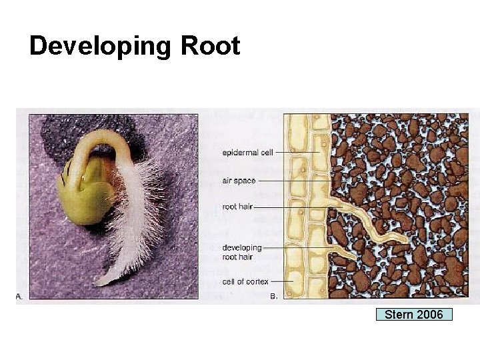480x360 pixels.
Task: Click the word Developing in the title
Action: (x=101, y=47)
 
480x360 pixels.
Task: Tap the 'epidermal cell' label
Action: (x=247, y=153)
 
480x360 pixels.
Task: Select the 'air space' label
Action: (x=238, y=181)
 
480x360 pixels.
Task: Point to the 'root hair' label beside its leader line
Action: (x=237, y=207)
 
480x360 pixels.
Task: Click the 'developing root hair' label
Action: (x=242, y=252)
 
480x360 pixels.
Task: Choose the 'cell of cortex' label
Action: (x=245, y=281)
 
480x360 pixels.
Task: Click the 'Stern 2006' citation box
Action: (x=414, y=315)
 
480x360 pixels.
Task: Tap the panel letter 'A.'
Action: (x=19, y=297)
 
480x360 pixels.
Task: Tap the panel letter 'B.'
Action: (x=274, y=297)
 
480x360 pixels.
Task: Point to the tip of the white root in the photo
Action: (x=100, y=283)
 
